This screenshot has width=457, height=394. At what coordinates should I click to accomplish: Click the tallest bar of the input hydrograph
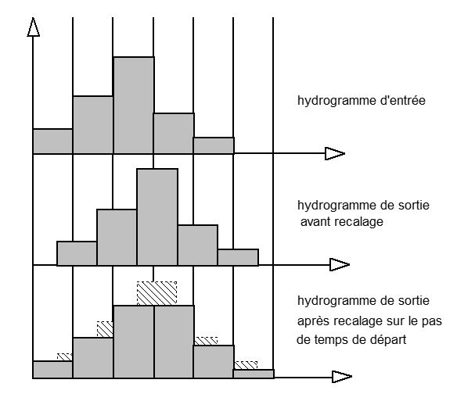pyautogui.click(x=134, y=105)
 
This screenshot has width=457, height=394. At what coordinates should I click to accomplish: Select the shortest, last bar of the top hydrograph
pyautogui.click(x=214, y=145)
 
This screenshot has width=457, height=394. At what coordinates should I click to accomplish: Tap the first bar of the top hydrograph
pyautogui.click(x=52, y=141)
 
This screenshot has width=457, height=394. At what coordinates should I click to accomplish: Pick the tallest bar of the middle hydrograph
pyautogui.click(x=157, y=217)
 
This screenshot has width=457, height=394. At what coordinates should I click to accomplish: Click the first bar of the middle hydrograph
pyautogui.click(x=77, y=253)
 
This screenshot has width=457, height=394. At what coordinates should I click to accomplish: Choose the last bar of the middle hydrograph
pyautogui.click(x=238, y=257)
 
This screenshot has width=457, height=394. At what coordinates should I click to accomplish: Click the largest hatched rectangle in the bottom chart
pyautogui.click(x=157, y=293)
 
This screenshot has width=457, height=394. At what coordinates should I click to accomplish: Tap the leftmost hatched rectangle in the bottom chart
pyautogui.click(x=65, y=357)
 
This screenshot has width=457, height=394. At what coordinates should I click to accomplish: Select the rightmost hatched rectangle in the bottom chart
pyautogui.click(x=246, y=365)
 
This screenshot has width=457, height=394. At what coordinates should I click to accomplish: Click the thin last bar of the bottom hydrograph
pyautogui.click(x=254, y=374)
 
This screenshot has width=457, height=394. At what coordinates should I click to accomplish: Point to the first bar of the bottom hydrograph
pyautogui.click(x=52, y=370)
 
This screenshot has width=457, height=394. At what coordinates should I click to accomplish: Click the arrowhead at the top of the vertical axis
pyautogui.click(x=33, y=27)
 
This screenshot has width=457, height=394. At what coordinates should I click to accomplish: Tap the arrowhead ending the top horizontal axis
pyautogui.click(x=335, y=153)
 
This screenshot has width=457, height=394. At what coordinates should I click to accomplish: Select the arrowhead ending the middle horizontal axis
pyautogui.click(x=340, y=264)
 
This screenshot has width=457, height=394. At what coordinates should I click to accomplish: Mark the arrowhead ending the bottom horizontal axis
pyautogui.click(x=342, y=377)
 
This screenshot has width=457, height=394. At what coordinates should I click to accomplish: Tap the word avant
pyautogui.click(x=315, y=222)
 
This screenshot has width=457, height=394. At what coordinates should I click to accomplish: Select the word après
pyautogui.click(x=314, y=321)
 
